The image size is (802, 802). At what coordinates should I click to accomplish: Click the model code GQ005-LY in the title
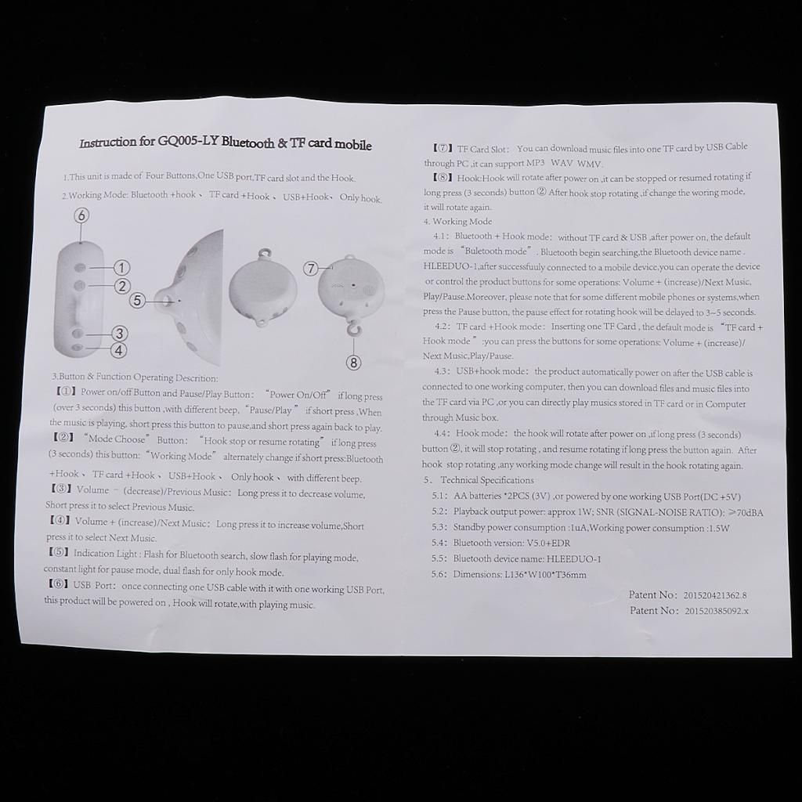click(187, 142)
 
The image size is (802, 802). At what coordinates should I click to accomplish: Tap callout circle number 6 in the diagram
click(81, 215)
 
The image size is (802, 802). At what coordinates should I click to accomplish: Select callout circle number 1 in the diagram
click(121, 268)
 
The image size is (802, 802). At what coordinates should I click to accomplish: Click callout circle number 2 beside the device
click(121, 286)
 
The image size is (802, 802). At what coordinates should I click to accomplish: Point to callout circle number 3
click(119, 334)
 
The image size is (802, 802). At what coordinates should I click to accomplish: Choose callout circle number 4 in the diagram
click(119, 351)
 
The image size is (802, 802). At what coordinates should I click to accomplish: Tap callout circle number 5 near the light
click(136, 300)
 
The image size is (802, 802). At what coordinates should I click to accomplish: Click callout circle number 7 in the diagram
click(312, 269)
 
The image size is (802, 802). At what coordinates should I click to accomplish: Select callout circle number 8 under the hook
click(354, 363)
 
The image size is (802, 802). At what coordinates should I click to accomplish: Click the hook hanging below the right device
click(352, 327)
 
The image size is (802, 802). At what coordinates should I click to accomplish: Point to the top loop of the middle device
click(264, 253)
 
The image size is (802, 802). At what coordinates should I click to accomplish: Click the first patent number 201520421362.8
click(714, 595)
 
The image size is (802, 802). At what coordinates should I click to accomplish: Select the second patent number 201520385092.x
click(716, 611)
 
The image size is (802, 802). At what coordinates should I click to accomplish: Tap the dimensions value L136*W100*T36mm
click(545, 574)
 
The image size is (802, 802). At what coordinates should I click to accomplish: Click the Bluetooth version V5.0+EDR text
click(548, 544)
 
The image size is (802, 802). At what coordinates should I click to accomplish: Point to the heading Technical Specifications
click(487, 480)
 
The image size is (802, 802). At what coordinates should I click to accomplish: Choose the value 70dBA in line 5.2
click(750, 513)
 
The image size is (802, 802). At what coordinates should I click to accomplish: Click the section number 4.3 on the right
click(442, 370)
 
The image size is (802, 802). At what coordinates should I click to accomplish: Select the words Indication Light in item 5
click(106, 554)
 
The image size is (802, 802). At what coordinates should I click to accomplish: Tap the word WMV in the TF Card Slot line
click(590, 164)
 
